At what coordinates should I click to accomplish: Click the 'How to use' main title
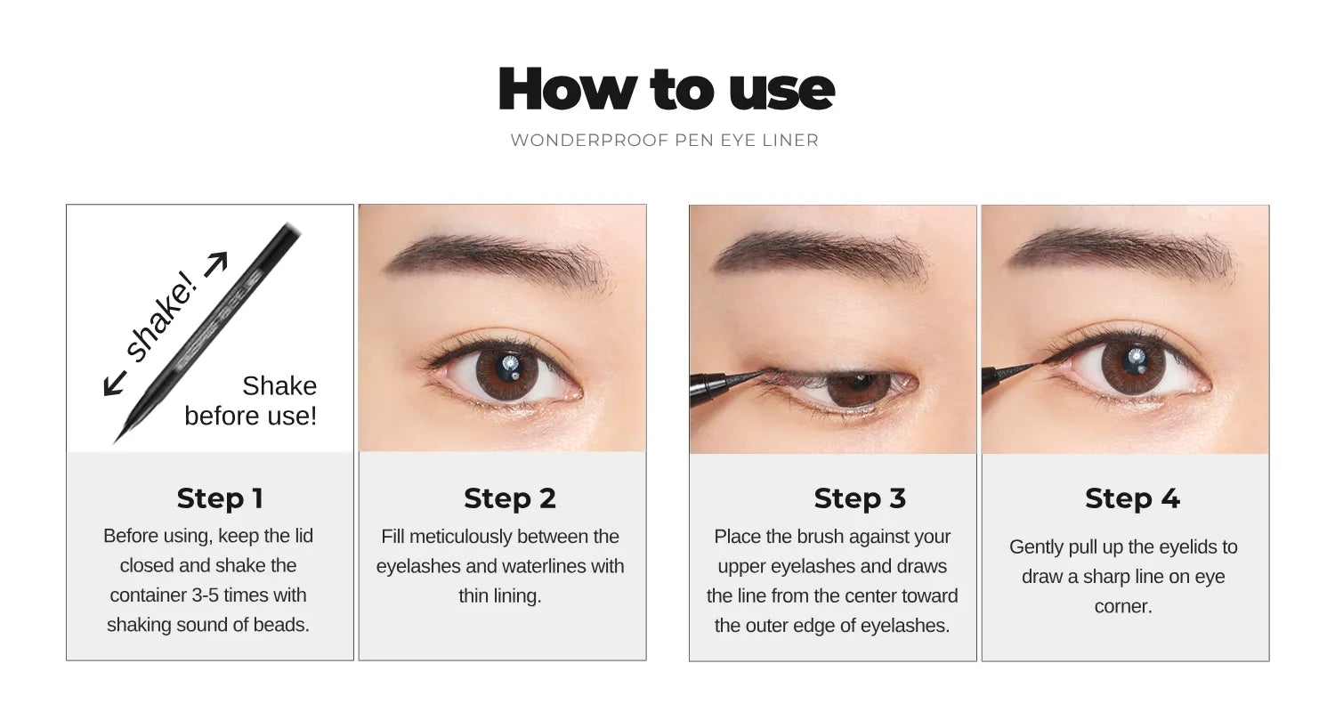666,89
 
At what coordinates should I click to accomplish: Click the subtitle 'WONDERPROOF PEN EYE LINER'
664,141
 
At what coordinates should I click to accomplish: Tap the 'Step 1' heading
220,498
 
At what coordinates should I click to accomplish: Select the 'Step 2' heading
509,498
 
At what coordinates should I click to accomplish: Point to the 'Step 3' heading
860,498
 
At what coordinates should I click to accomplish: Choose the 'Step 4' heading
1132,498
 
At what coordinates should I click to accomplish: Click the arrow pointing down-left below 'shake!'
114,384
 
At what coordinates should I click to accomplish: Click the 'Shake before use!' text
251,400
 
